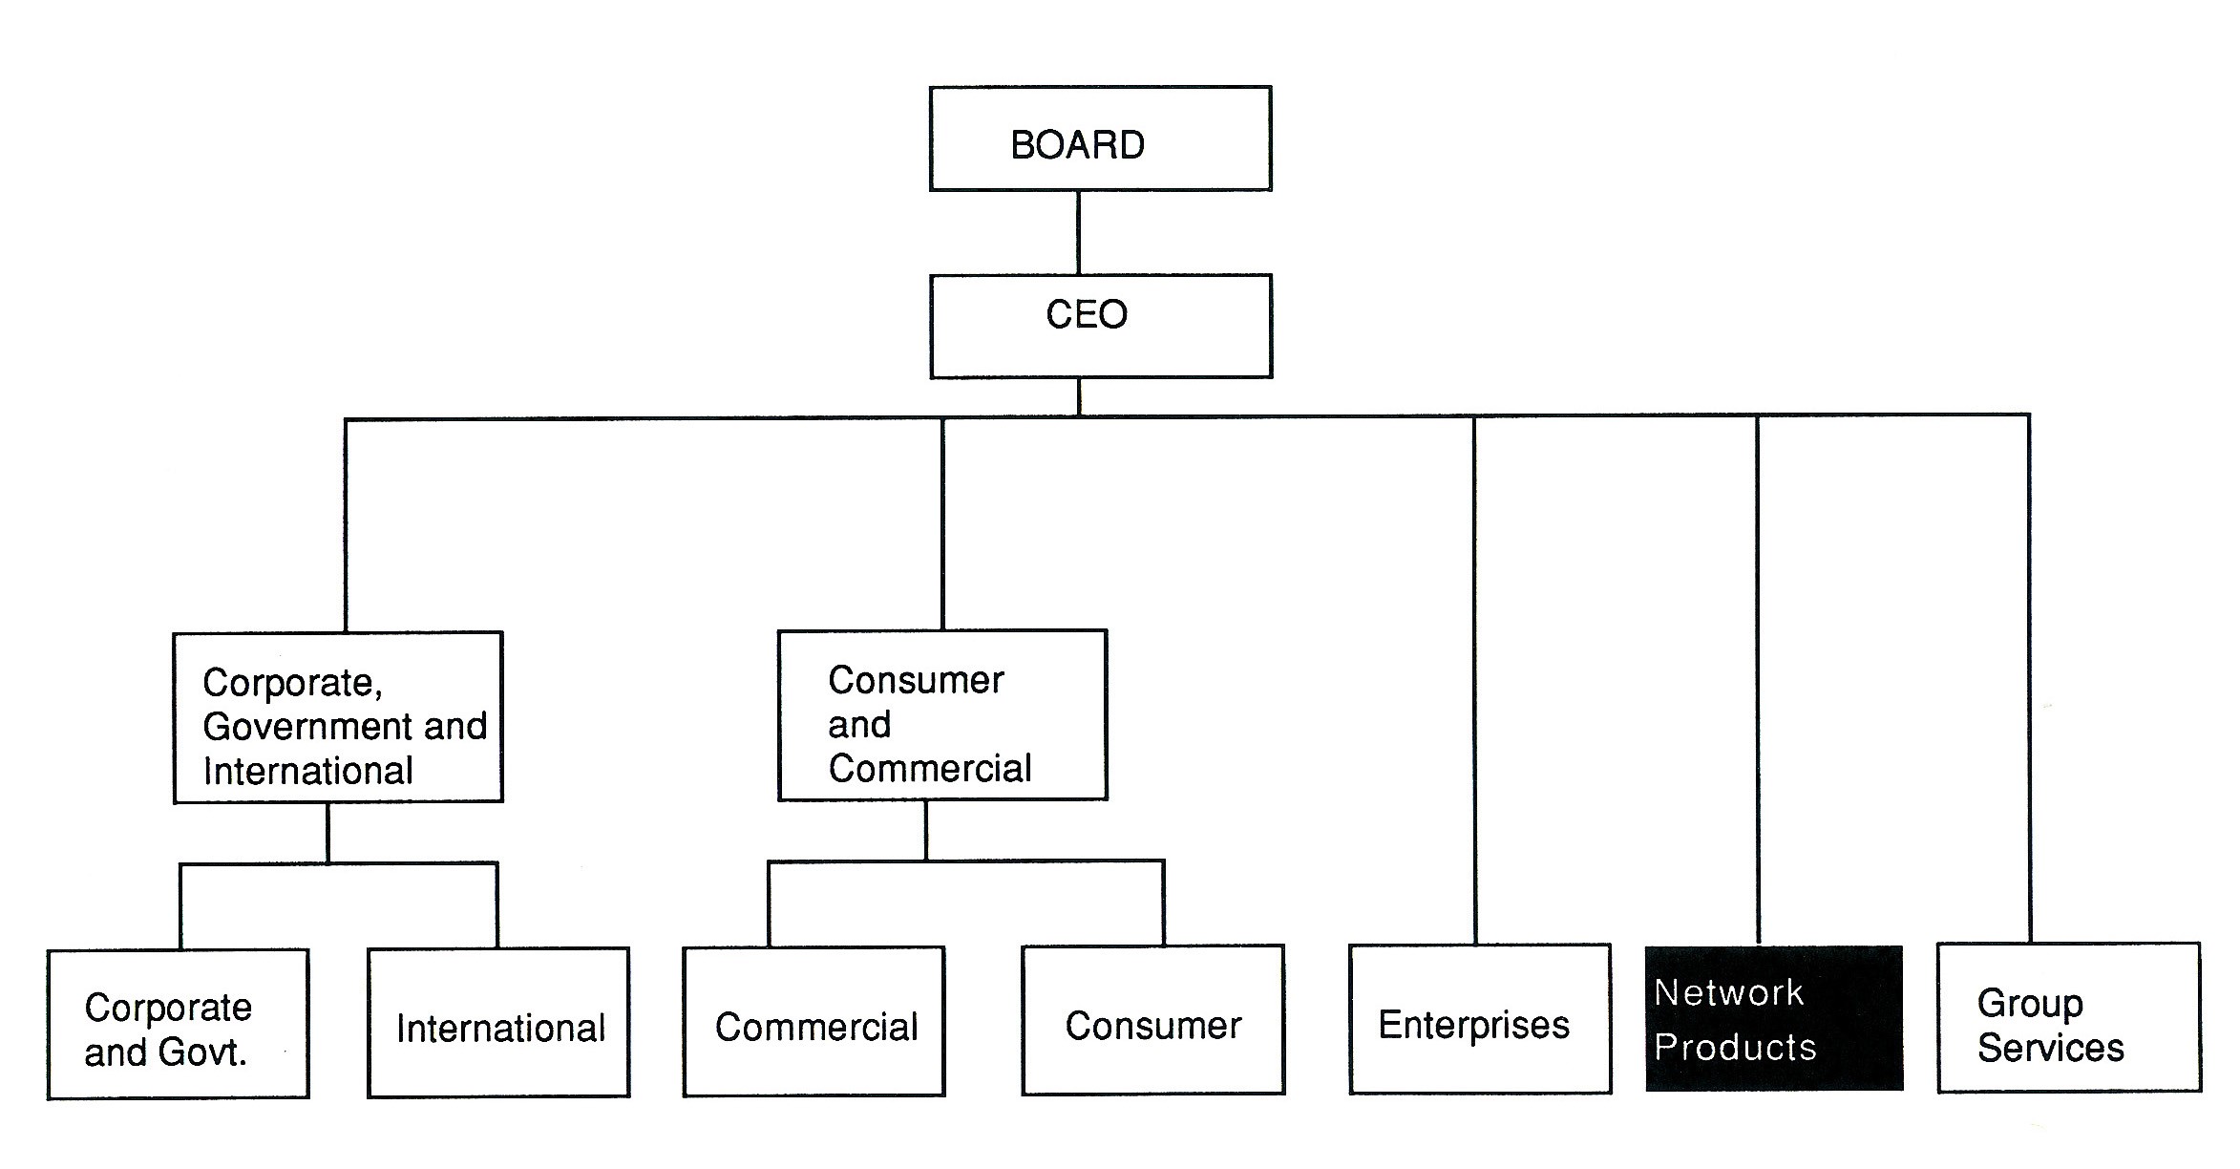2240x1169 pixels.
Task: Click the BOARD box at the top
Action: (1100, 139)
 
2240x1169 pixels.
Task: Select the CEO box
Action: (1100, 326)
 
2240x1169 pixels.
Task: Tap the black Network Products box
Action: (1774, 1018)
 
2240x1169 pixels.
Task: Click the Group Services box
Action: (2068, 1018)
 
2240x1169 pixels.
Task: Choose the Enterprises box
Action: (1479, 1020)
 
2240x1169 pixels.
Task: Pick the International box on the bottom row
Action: (498, 1023)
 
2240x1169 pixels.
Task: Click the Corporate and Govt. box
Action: (178, 1024)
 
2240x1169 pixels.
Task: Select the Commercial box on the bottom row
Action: (814, 1022)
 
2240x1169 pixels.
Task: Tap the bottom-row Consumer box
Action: (1152, 1020)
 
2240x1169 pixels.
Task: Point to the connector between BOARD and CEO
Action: (1078, 233)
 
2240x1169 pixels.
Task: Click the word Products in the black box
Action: (1734, 1048)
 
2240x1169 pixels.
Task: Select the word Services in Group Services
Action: (2050, 1049)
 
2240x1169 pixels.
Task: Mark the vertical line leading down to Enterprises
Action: (1474, 678)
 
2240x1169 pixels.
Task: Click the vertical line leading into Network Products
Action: (1757, 678)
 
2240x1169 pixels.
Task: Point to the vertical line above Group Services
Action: (2029, 678)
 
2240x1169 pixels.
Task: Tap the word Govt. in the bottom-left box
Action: (202, 1052)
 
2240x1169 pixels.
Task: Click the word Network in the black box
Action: (1728, 993)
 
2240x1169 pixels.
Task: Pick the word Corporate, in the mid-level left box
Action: (292, 683)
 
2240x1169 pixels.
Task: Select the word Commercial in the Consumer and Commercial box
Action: (929, 769)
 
